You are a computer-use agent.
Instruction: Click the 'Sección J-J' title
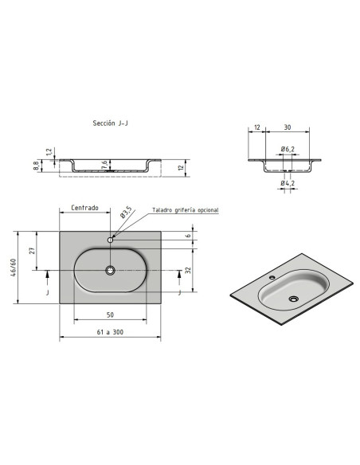tap(111, 123)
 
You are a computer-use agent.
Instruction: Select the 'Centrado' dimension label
tap(84, 208)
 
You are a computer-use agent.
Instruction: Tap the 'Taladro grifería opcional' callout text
tap(186, 210)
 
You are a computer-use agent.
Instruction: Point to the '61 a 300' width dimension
tap(110, 332)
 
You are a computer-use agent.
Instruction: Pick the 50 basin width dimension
tap(110, 315)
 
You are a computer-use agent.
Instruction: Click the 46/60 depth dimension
tap(13, 268)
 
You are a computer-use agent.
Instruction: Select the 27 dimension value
tap(33, 251)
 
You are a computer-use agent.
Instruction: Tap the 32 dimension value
tap(188, 270)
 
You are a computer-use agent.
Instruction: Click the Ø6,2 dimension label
tap(288, 149)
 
